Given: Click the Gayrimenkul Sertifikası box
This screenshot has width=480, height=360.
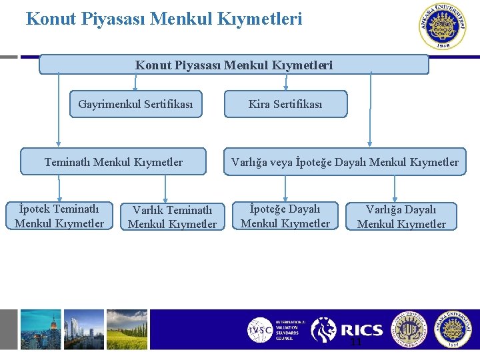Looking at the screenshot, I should [x=135, y=104].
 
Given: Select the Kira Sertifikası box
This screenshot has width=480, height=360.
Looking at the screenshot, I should [x=285, y=104].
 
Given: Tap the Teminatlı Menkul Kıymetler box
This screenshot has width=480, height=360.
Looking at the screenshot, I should [x=113, y=162].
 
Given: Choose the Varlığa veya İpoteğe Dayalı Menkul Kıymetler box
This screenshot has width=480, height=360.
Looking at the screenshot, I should [x=345, y=162].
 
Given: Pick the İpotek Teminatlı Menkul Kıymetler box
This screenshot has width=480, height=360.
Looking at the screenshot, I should [x=59, y=217].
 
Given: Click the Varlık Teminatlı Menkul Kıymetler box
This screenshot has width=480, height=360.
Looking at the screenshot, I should [x=172, y=217].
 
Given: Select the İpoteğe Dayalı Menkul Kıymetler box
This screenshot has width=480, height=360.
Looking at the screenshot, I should [x=285, y=217].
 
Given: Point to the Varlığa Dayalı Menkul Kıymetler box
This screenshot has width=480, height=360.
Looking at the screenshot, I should [x=401, y=217].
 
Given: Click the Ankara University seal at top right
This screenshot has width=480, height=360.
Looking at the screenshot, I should [x=443, y=27].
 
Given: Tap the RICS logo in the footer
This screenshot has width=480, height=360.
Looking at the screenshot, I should [x=347, y=330].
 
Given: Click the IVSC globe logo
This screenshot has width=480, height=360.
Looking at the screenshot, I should [x=259, y=330].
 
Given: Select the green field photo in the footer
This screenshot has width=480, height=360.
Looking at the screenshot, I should [x=127, y=329].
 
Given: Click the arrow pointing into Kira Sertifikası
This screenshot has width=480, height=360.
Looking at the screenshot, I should [x=286, y=83].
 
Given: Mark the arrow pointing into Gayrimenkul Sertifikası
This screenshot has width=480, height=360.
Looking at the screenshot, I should [x=135, y=83].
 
